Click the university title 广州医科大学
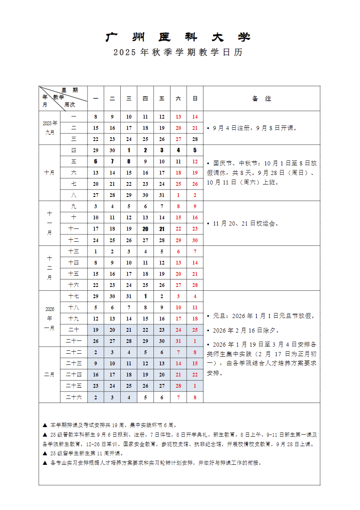[178, 37]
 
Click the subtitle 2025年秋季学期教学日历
[178, 53]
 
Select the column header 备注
[262, 99]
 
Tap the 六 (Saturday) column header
[178, 99]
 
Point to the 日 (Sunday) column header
[195, 99]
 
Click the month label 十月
[49, 173]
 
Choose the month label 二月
[49, 374]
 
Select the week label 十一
[74, 229]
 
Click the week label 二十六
[74, 397]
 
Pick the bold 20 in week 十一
[145, 229]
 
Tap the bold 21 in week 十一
[162, 229]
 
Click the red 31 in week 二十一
[178, 341]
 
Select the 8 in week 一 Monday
[96, 117]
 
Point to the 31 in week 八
[162, 195]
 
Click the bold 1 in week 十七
[145, 296]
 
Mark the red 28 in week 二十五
[178, 386]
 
